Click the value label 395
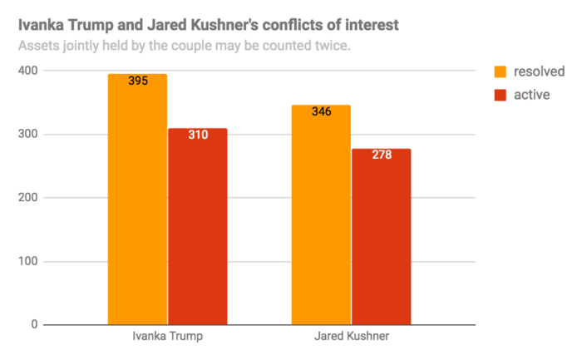tap(138, 81)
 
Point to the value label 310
tap(198, 135)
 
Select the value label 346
tap(321, 111)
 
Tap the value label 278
tap(381, 155)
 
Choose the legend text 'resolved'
tap(540, 71)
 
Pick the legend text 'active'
tap(532, 94)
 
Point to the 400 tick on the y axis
tap(29, 71)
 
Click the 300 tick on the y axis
tap(29, 135)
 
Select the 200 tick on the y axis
tap(29, 198)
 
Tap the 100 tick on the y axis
tap(29, 262)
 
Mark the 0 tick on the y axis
tap(35, 325)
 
